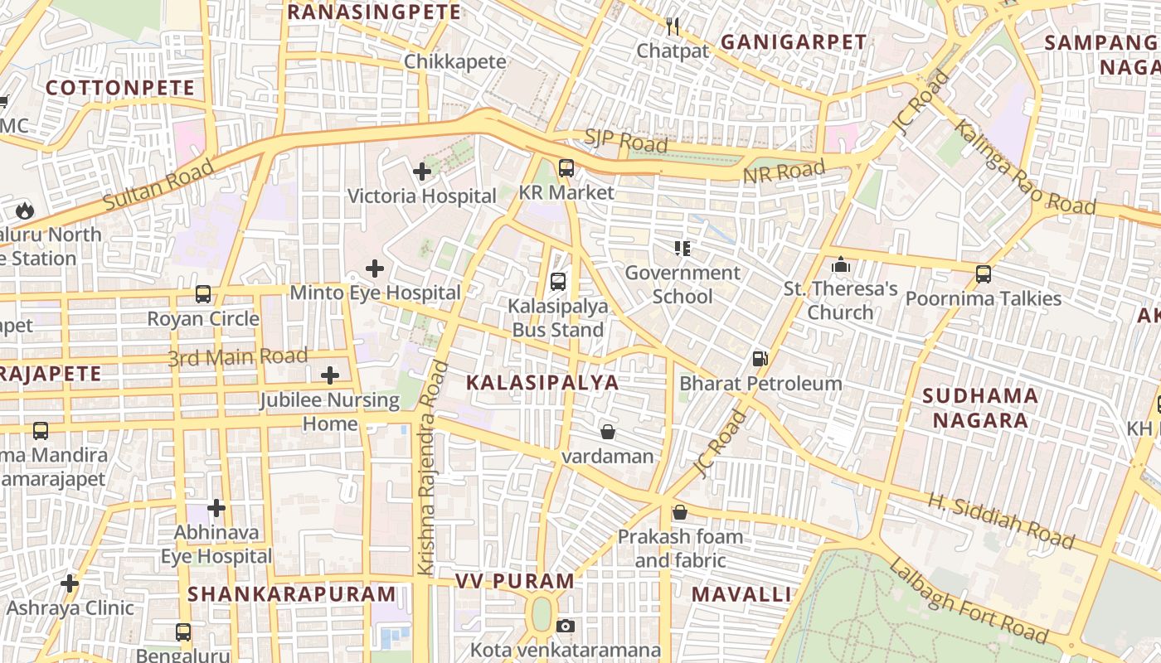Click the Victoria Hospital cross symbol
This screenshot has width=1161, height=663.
click(x=422, y=172)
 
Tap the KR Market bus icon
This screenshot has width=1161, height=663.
click(x=566, y=168)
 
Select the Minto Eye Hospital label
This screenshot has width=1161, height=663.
click(x=375, y=293)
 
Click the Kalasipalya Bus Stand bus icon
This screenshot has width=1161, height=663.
click(x=558, y=281)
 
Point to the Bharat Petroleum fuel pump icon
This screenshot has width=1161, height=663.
click(x=760, y=359)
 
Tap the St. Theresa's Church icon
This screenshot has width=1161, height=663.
click(x=841, y=264)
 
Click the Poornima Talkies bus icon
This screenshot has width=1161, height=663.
click(x=984, y=273)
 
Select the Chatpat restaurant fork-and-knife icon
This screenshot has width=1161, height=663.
click(x=673, y=27)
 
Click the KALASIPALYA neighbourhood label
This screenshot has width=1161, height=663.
click(x=542, y=382)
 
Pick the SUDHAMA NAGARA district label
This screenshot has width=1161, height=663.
click(x=980, y=408)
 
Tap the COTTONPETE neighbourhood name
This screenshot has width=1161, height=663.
click(x=120, y=88)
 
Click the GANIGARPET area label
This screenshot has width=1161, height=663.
click(x=794, y=42)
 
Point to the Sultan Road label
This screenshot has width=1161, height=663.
click(x=158, y=185)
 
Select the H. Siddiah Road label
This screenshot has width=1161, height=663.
click(x=1000, y=521)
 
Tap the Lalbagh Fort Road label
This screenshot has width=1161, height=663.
click(x=968, y=601)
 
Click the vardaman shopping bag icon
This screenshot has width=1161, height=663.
click(x=608, y=432)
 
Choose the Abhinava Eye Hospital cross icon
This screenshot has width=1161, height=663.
click(x=216, y=507)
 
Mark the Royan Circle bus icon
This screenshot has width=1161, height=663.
click(x=203, y=294)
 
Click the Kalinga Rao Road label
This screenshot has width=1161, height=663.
click(x=1023, y=168)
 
